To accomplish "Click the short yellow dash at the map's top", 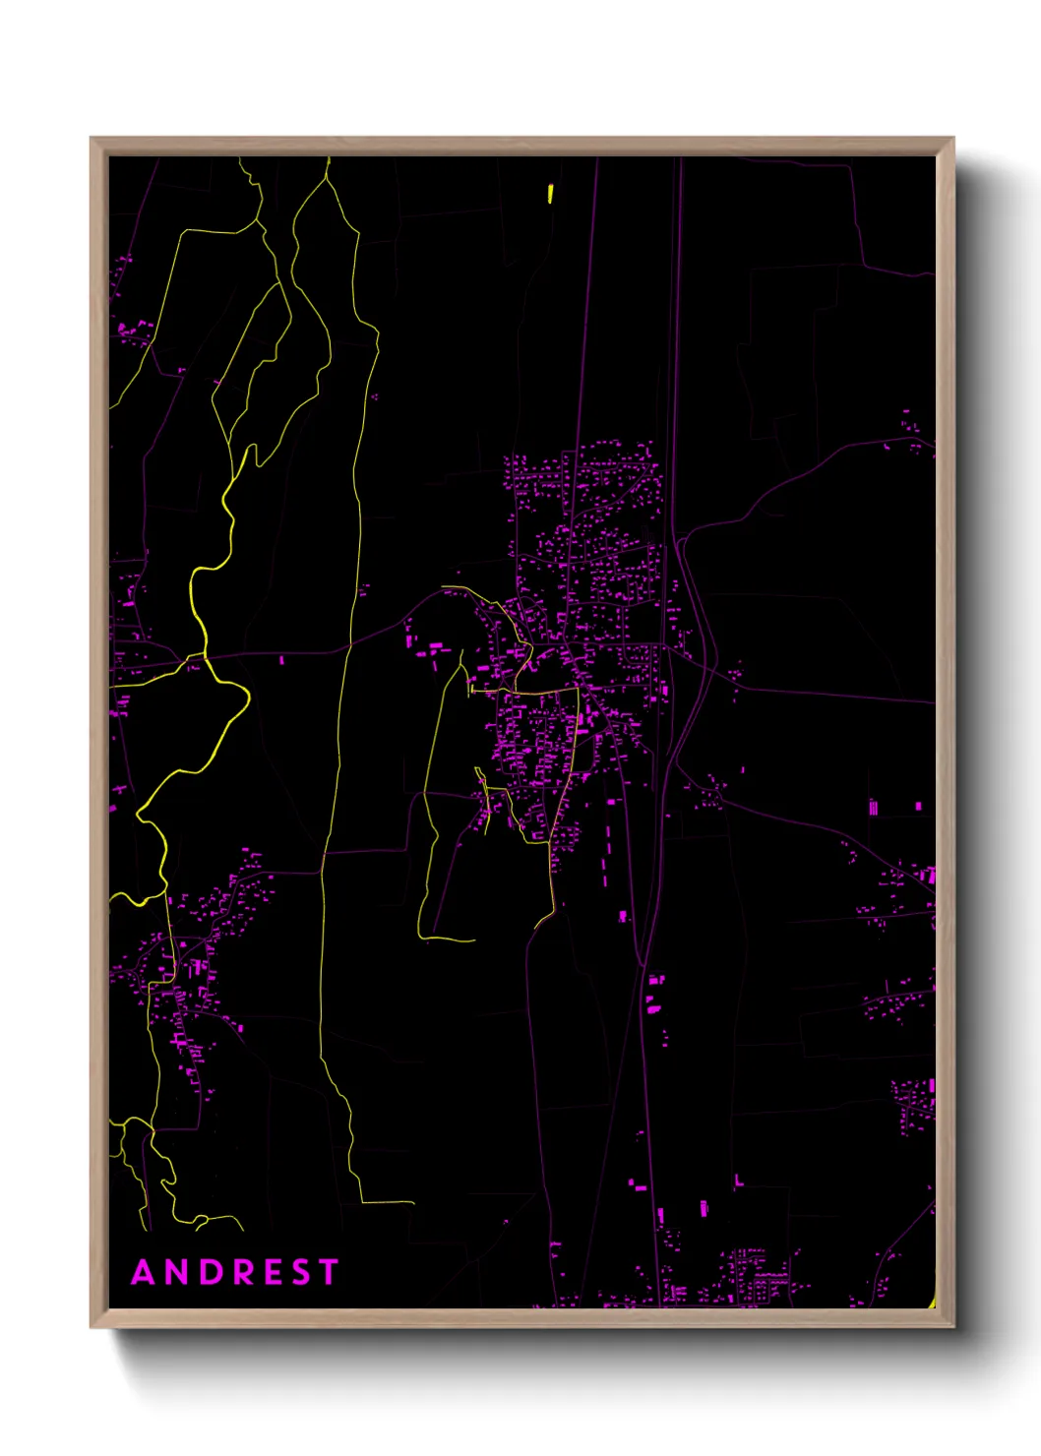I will [x=550, y=194].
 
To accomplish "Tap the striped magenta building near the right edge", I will [x=873, y=808].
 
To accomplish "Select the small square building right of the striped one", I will [x=918, y=807].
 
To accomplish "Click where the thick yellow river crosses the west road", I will [x=205, y=655].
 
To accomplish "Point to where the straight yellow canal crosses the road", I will [x=350, y=647].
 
